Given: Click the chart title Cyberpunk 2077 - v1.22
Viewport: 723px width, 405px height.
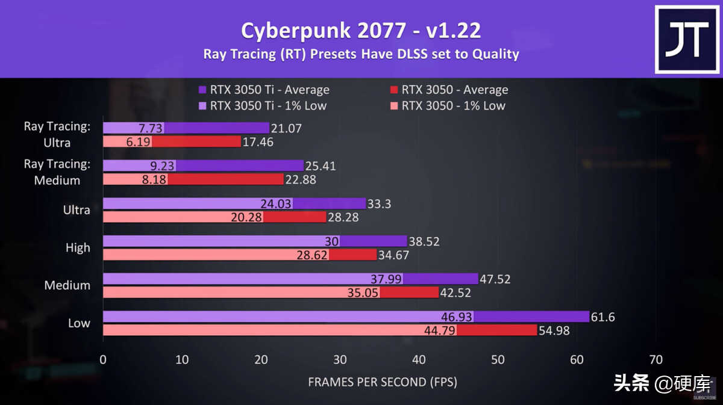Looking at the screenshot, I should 361,30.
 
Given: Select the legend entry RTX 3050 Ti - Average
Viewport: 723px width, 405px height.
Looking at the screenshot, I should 269,90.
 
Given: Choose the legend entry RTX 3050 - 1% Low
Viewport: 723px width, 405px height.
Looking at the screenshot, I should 453,106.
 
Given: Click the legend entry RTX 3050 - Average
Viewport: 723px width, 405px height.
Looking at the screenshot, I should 454,90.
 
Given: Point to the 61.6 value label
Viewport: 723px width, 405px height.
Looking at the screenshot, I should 603,317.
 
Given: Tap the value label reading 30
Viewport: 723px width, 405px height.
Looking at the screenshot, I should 331,241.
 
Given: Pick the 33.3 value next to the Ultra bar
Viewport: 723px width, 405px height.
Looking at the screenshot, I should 379,204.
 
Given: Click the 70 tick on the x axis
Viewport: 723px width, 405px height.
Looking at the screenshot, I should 656,360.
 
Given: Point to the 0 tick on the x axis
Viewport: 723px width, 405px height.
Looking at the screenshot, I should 103,360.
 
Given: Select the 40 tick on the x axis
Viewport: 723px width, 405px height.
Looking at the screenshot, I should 419,360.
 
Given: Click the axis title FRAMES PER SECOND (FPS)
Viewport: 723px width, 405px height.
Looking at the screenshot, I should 383,382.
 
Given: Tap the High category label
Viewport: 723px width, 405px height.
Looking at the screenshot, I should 78,247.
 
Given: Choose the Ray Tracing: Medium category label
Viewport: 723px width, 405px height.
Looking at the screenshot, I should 57,172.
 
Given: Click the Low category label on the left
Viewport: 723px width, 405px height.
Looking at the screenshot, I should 79,323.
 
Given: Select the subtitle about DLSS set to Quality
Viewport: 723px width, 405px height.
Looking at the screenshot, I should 361,54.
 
